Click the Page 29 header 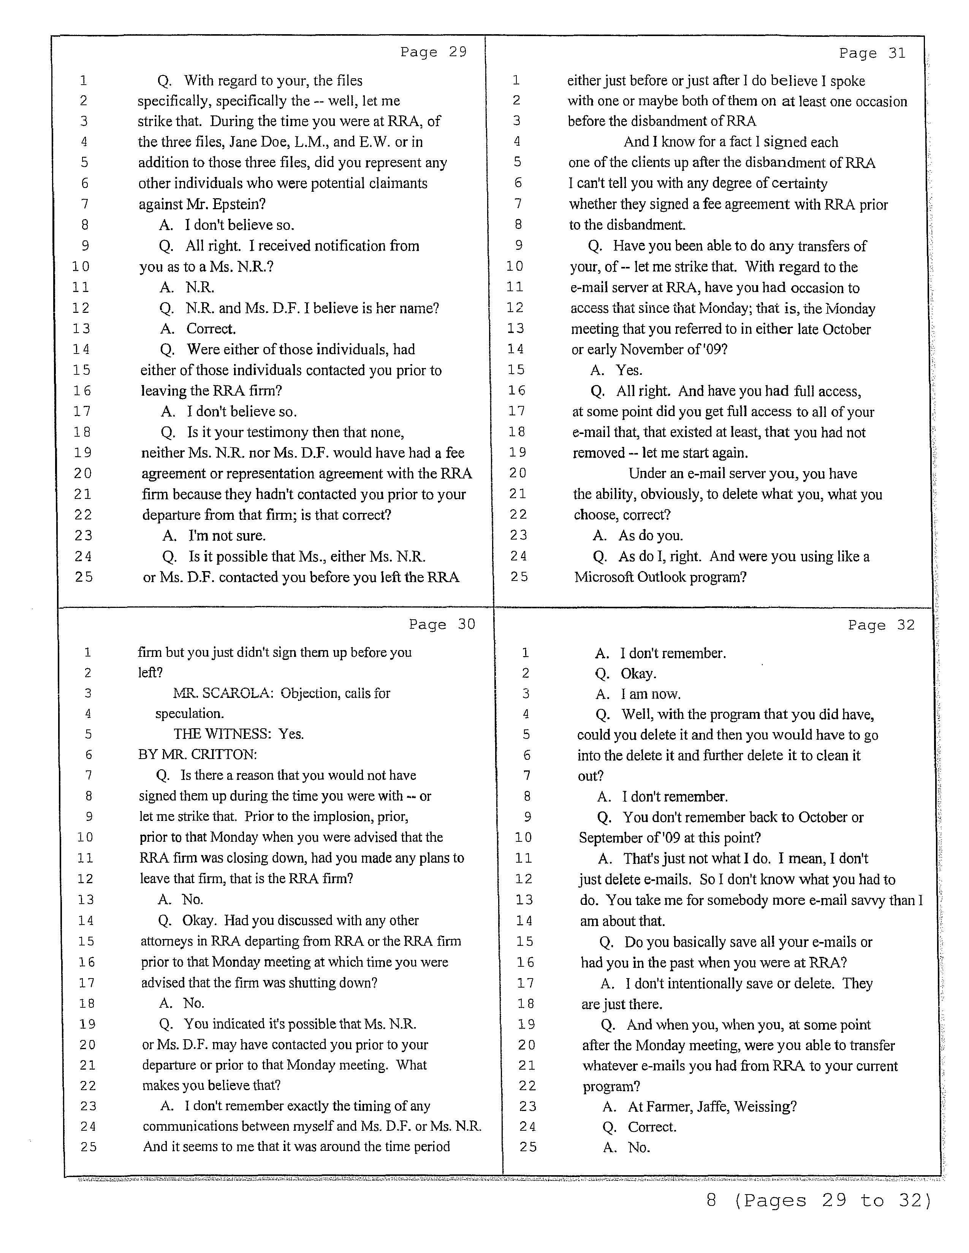click(x=434, y=52)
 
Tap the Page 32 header click(x=881, y=625)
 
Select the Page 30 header click(x=442, y=624)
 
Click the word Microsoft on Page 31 click(x=604, y=577)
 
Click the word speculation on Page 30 click(x=190, y=714)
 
